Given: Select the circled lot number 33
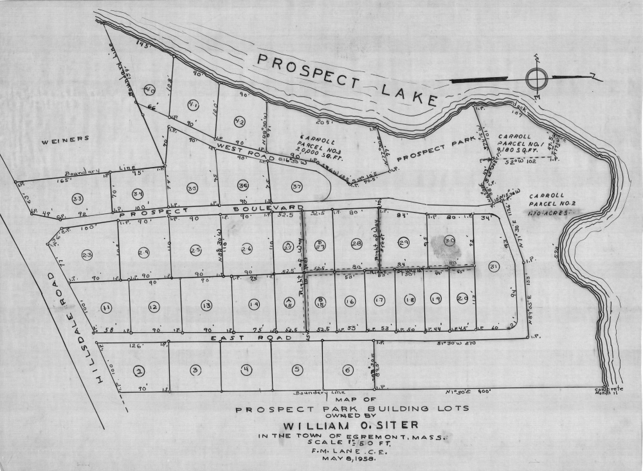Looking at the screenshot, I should tap(77, 197).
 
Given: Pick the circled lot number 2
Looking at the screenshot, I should tap(138, 370).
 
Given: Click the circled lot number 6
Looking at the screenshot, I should tap(348, 369).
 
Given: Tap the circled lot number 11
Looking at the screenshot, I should tap(106, 308).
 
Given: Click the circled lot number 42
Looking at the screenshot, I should tap(240, 121).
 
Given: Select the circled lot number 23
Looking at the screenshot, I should tap(87, 255).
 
